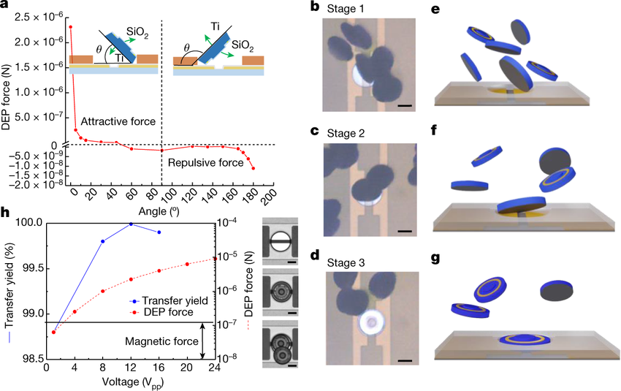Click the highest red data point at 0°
(70, 27)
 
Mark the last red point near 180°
(253, 168)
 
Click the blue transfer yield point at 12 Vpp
(131, 224)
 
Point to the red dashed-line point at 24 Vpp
(215, 257)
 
